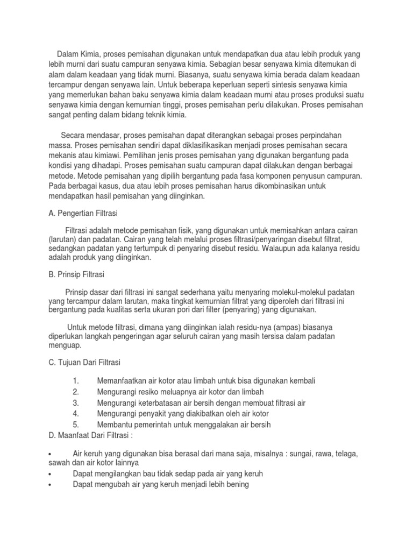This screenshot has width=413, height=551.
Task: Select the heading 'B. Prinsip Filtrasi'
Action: [x=76, y=274]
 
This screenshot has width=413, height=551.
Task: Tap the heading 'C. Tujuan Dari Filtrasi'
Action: [x=84, y=363]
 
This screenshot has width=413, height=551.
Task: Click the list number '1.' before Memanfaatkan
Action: [x=75, y=380]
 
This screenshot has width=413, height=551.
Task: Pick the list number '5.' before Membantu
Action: [x=75, y=425]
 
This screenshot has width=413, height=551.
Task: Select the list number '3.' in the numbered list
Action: [x=75, y=402]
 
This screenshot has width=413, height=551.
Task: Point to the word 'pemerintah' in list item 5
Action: [x=155, y=425]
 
